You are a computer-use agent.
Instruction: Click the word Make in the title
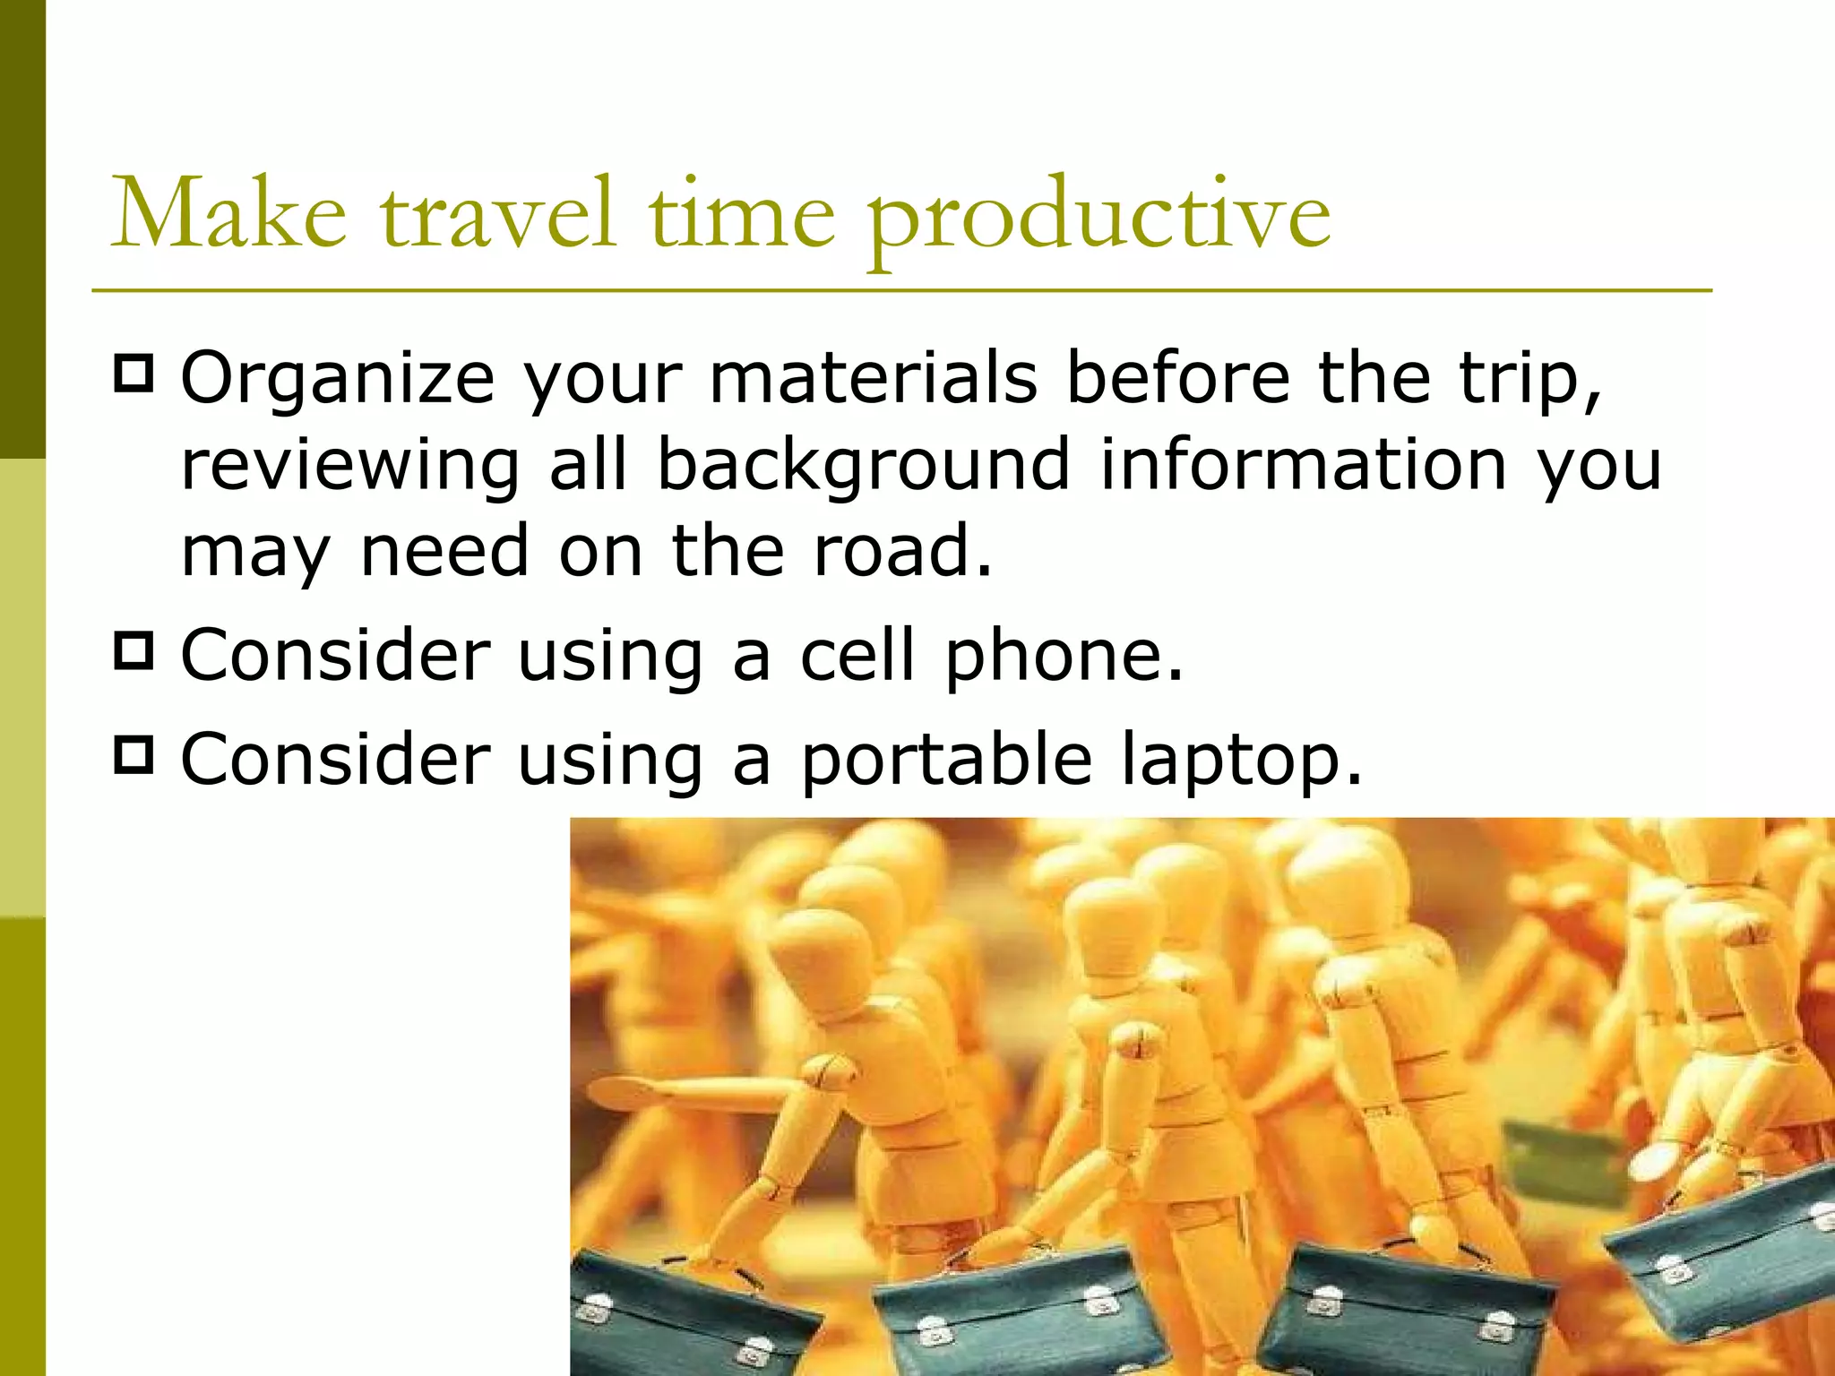[x=228, y=215]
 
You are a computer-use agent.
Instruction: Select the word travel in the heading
[x=498, y=215]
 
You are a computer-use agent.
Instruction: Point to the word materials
[x=873, y=378]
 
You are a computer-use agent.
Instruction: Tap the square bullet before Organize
[x=134, y=374]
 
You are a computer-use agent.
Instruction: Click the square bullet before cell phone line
[x=134, y=651]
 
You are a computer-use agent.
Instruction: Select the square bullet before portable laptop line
[x=134, y=755]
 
